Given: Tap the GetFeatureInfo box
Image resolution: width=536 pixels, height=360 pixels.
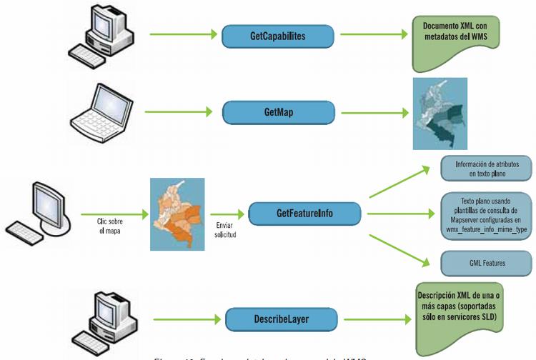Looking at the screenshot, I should click(304, 213).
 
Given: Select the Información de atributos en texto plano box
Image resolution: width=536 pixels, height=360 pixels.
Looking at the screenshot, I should click(482, 169).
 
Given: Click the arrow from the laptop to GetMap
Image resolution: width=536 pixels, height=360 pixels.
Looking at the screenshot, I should click(179, 111).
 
